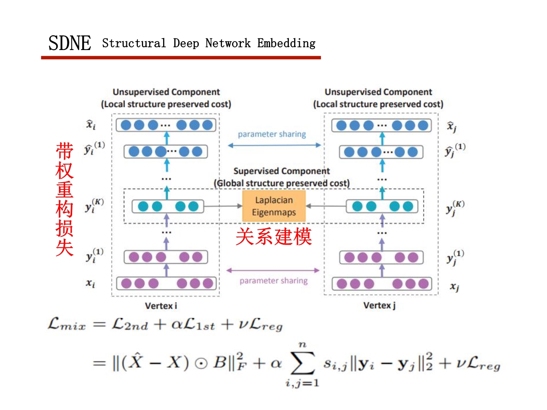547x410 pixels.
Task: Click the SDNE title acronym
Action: click(70, 43)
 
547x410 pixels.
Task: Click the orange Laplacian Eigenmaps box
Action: click(274, 206)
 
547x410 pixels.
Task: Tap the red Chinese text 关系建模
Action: click(273, 237)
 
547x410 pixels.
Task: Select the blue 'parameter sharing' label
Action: click(272, 134)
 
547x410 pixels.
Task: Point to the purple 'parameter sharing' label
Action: click(274, 281)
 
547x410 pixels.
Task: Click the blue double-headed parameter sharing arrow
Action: click(275, 145)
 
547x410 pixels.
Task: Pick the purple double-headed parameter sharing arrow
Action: click(273, 270)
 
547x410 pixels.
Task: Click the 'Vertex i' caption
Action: click(161, 306)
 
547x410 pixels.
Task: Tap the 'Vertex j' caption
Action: click(379, 305)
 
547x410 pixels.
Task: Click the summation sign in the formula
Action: click(303, 363)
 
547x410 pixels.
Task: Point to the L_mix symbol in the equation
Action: click(67, 324)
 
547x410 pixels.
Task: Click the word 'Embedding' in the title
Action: click(286, 43)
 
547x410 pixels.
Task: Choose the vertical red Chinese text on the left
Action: click(65, 199)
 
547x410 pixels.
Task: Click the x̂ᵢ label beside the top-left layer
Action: click(91, 125)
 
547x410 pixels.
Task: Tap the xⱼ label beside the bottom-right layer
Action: click(454, 287)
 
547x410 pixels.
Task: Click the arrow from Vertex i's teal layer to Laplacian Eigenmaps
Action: click(223, 206)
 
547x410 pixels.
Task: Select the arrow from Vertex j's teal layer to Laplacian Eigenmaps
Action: click(326, 206)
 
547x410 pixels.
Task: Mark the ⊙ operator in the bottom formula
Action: click(201, 363)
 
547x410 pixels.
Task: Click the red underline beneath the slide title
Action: click(181, 58)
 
